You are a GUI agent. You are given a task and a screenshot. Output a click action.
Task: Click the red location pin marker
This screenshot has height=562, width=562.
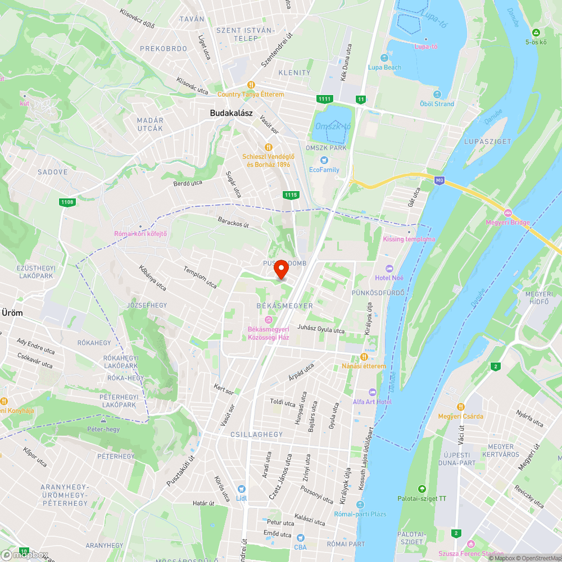tap(281, 270)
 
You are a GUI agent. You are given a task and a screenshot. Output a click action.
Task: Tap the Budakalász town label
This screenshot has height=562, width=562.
tap(231, 113)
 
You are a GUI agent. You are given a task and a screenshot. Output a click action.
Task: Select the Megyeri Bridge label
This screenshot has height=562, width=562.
tap(508, 223)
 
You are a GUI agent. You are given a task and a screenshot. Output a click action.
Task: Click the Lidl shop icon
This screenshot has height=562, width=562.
tap(242, 489)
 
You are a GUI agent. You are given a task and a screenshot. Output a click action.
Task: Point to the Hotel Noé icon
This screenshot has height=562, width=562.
tap(389, 269)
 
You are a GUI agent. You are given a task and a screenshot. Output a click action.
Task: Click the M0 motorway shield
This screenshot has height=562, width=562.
tap(439, 180)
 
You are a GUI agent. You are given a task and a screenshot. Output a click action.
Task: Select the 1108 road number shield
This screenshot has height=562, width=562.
tap(67, 202)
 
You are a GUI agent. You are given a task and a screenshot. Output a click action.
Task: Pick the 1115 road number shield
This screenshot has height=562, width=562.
tap(291, 194)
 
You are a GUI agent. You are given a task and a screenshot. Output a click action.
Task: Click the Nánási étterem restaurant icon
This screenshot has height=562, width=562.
tap(364, 357)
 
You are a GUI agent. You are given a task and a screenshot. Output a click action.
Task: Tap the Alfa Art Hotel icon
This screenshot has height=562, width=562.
tap(372, 392)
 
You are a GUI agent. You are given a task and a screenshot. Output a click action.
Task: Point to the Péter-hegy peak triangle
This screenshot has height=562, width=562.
tap(103, 420)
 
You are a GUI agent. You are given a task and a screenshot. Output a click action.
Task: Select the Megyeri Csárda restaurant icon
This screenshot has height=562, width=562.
tap(461, 406)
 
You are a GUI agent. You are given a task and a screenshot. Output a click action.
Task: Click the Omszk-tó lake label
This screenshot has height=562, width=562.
tap(332, 126)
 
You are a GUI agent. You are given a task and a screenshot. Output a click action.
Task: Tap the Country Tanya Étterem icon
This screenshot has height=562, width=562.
tap(251, 85)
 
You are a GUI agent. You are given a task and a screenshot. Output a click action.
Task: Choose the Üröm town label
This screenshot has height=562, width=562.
tap(12, 313)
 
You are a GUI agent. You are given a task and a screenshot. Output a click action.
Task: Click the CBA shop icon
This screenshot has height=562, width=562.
tap(301, 538)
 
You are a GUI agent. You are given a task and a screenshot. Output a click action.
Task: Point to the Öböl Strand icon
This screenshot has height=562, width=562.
tap(437, 94)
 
